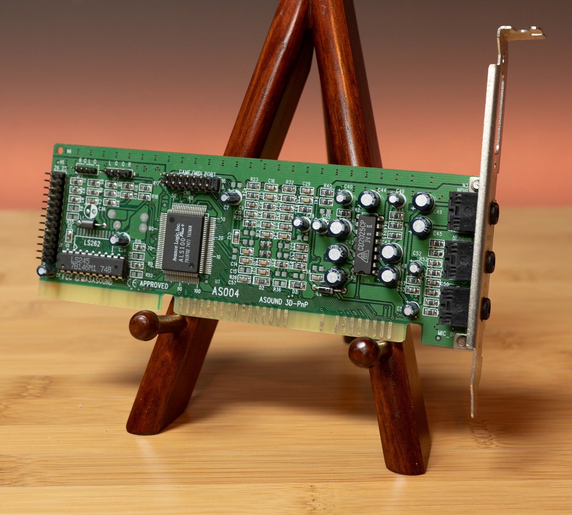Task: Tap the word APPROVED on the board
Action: (x=153, y=285)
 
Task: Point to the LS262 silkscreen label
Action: (x=92, y=243)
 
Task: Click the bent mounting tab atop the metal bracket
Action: (x=522, y=33)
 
